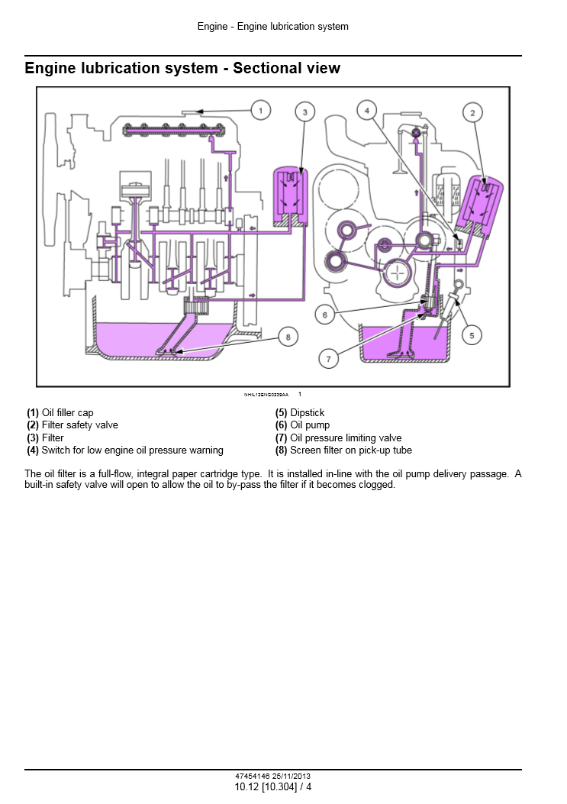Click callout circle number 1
point(261,111)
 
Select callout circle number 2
point(473,113)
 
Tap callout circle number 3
point(304,113)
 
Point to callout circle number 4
point(367,111)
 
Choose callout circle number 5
point(471,334)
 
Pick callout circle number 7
point(329,358)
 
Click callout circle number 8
point(288,336)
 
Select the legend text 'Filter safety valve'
point(79,425)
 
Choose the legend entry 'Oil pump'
point(310,425)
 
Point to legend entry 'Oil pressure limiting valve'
point(346,438)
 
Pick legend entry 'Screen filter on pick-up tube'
point(350,450)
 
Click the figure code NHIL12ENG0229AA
point(266,395)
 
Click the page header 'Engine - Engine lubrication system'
point(272,27)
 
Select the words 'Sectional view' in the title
point(286,68)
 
